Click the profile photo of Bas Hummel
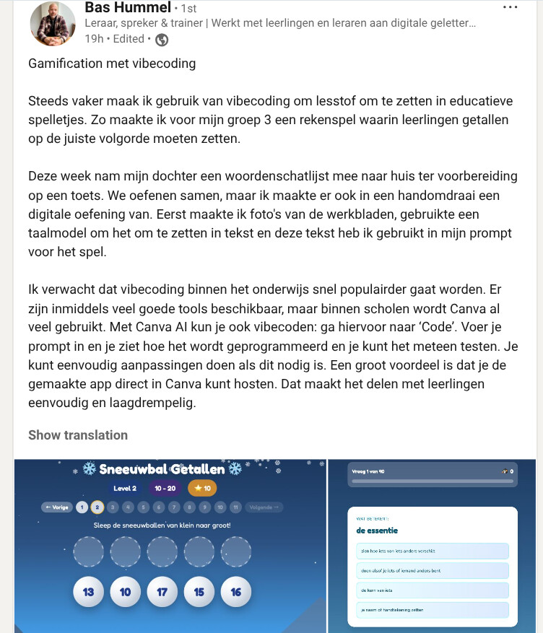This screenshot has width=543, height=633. (53, 24)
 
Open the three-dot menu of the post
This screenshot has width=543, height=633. (510, 7)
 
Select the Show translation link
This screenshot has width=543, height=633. (78, 435)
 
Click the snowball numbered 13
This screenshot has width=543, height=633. (89, 592)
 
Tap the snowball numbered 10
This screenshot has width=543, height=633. (126, 592)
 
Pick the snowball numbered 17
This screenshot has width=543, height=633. (162, 592)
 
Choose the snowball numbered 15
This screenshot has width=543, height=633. (199, 592)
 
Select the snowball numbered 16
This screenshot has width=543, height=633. (236, 592)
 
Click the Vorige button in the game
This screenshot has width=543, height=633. (57, 507)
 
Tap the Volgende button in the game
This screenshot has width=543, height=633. (264, 507)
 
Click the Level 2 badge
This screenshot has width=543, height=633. (125, 489)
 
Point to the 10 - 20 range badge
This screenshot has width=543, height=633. (165, 489)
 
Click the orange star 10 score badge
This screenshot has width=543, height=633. (203, 489)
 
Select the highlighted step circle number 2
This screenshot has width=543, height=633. (97, 507)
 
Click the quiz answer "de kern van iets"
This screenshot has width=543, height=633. (432, 590)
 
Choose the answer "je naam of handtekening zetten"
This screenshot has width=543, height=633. (432, 610)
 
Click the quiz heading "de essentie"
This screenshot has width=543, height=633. (377, 531)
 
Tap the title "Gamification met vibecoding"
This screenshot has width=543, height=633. (112, 64)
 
